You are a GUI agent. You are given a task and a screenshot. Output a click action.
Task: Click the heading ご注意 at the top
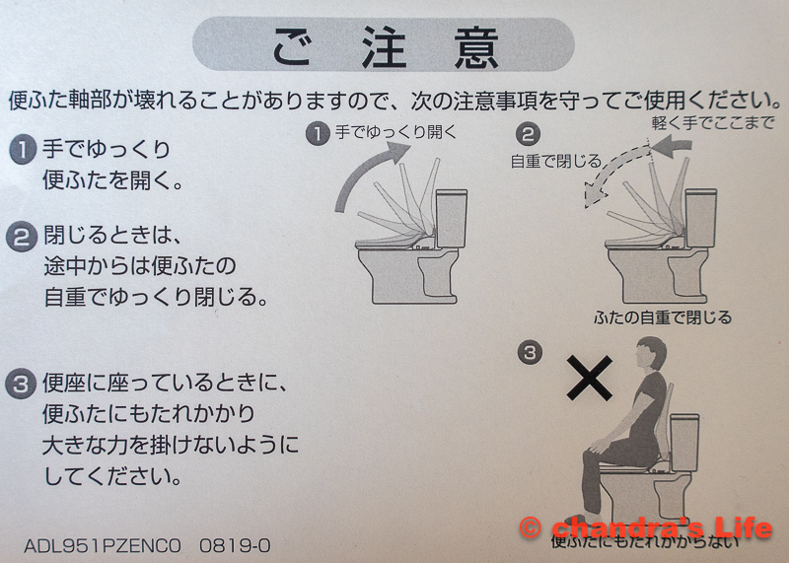pos(385,46)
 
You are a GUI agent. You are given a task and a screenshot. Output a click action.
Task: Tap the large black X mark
pos(589,378)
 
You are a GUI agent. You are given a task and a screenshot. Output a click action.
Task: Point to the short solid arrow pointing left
pos(673,146)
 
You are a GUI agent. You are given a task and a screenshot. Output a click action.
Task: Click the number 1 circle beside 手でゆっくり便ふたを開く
pos(23,150)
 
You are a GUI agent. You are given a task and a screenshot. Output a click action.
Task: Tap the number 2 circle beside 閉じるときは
pos(22,237)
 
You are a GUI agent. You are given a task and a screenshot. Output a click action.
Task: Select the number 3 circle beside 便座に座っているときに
pos(21,385)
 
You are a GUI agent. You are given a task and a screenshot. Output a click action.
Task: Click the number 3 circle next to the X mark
pos(530,352)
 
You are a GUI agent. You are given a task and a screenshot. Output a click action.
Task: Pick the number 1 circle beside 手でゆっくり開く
pos(318,134)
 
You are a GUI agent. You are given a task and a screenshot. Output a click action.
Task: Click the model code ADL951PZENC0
pos(103,545)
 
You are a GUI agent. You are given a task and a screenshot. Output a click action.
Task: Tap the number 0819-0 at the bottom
pos(235,545)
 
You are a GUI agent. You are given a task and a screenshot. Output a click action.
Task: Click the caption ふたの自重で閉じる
pos(662,317)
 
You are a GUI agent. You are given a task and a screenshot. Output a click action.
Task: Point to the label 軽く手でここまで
pos(712,122)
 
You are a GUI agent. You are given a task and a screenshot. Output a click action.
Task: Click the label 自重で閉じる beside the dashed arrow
pos(556,161)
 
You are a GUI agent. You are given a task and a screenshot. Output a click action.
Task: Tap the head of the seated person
pos(651,353)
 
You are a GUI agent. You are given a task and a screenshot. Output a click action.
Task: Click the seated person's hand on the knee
pos(599,445)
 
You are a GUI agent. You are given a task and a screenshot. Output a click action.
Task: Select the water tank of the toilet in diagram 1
pos(452,218)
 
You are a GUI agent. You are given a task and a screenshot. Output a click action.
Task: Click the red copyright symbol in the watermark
pos(531,528)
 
